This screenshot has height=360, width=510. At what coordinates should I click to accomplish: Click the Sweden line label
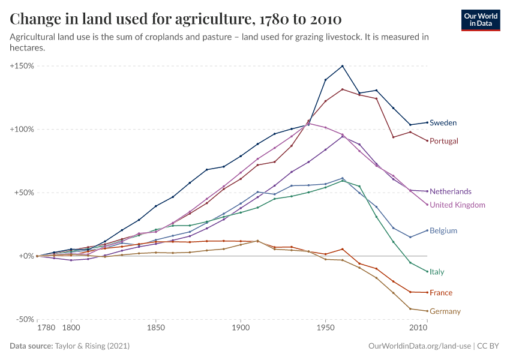click(443, 123)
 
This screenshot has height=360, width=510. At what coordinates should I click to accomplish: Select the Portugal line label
click(444, 141)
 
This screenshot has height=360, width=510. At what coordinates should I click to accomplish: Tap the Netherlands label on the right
click(451, 191)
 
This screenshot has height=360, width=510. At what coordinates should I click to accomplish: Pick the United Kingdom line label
click(457, 205)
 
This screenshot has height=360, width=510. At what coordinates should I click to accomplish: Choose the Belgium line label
click(443, 230)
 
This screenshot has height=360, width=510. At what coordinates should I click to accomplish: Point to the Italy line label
click(437, 272)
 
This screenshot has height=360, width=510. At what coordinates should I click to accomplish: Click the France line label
click(441, 293)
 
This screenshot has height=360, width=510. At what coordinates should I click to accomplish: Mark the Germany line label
click(445, 311)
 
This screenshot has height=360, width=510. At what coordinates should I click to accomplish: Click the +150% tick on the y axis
click(22, 65)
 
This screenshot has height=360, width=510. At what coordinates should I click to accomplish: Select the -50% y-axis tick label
click(24, 319)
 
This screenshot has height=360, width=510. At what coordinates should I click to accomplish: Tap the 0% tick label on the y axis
click(26, 256)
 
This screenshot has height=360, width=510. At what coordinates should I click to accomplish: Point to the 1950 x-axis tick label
click(325, 329)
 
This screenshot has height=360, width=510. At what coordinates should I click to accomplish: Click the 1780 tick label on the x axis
click(46, 329)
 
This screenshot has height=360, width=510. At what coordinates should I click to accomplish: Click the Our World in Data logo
click(481, 20)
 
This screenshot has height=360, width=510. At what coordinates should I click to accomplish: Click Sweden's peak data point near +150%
click(342, 66)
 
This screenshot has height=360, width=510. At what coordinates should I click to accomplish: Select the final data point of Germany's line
click(427, 311)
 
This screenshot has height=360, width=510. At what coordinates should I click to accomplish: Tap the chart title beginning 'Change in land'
click(176, 19)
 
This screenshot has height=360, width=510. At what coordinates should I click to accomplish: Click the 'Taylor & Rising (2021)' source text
click(92, 346)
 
